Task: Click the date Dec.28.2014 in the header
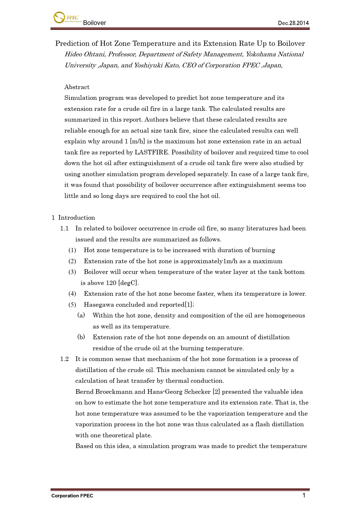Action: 293,23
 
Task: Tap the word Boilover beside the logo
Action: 94,23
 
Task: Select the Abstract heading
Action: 77,87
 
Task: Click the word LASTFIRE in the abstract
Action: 151,152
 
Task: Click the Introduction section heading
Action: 77,218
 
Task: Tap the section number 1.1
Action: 64,228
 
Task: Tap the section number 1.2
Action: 64,359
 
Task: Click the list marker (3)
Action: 72,272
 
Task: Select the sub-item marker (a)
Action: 81,315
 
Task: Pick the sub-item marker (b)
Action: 81,337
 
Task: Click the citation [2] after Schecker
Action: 216,392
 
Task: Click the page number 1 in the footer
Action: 304,495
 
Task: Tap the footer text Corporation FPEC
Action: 72,496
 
